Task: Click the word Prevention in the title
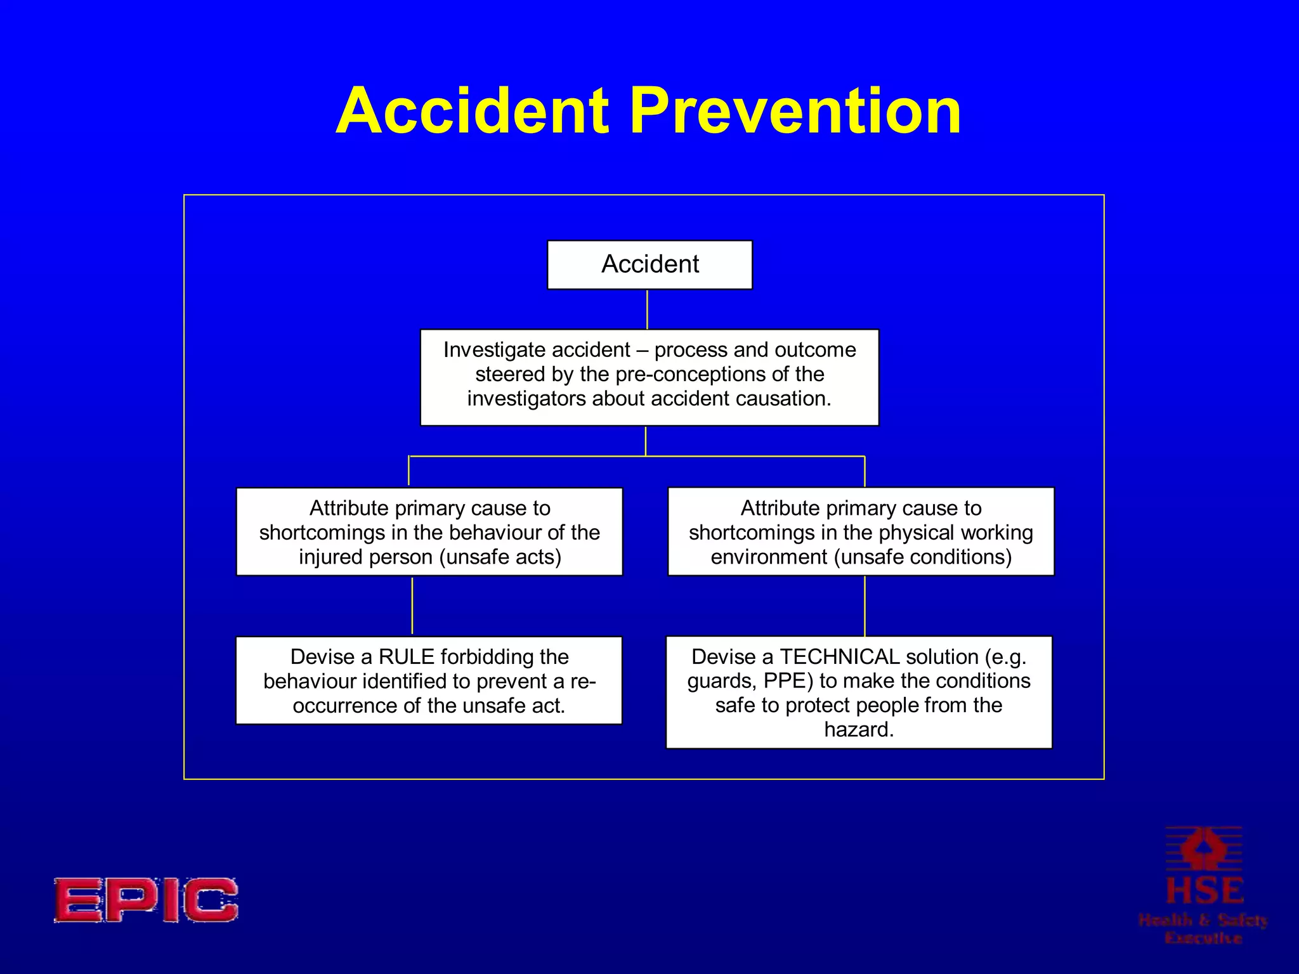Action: (795, 111)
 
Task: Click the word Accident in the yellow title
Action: (473, 111)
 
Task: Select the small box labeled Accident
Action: (649, 264)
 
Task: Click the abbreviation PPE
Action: (787, 681)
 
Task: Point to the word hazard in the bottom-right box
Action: (858, 730)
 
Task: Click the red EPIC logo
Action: (146, 900)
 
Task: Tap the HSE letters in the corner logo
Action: (1204, 891)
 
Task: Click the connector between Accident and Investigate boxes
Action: (647, 309)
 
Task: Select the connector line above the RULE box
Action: (412, 606)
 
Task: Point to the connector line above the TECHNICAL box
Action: (865, 606)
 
